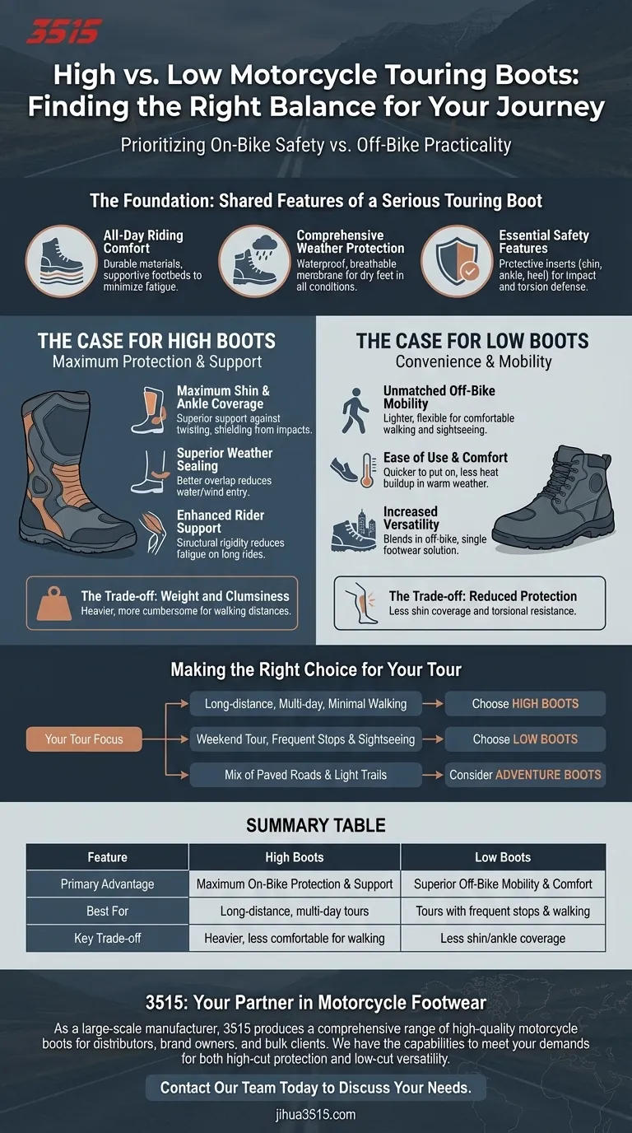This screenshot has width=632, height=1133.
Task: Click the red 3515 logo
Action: pos(64,32)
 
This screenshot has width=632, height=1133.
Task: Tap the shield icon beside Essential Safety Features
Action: pos(458,261)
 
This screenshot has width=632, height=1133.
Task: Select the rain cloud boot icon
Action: pos(255,261)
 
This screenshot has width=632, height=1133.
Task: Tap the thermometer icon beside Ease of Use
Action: pos(368,470)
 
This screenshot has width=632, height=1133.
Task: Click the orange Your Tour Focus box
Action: pos(84,739)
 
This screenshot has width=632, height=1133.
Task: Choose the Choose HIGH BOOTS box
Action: pos(525,703)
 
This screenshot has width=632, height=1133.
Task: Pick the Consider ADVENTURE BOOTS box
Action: pos(525,774)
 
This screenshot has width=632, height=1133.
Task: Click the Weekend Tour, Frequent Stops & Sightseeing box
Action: pos(305,739)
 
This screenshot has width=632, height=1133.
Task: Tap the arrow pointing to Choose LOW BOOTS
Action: pos(433,739)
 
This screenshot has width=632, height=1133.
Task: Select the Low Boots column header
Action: pos(503,857)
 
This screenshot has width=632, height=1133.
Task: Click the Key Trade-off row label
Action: pos(107,939)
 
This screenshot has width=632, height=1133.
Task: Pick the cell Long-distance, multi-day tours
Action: pos(295,911)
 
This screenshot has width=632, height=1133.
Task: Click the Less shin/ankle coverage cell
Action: pos(503,939)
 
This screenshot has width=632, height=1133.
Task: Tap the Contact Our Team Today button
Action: pos(316,1087)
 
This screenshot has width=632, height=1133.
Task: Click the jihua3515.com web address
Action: pos(316,1115)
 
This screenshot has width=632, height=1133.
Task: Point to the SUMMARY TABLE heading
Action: pos(316,826)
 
